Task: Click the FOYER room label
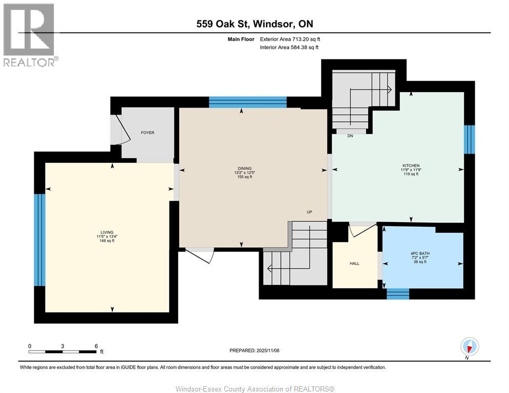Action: [x=147, y=133]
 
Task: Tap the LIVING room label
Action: [x=107, y=232]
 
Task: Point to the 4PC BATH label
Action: [x=418, y=253]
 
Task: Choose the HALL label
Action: [x=354, y=264]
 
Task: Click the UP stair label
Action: [x=309, y=212]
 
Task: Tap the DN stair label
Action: [x=350, y=136]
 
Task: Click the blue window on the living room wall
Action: [x=39, y=239]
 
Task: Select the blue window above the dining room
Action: [x=247, y=102]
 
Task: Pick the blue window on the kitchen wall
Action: [x=469, y=139]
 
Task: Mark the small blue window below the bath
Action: [x=397, y=294]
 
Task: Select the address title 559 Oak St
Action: [x=254, y=24]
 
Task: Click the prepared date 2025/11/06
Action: [x=254, y=351]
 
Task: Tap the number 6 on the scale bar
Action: [x=96, y=346]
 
